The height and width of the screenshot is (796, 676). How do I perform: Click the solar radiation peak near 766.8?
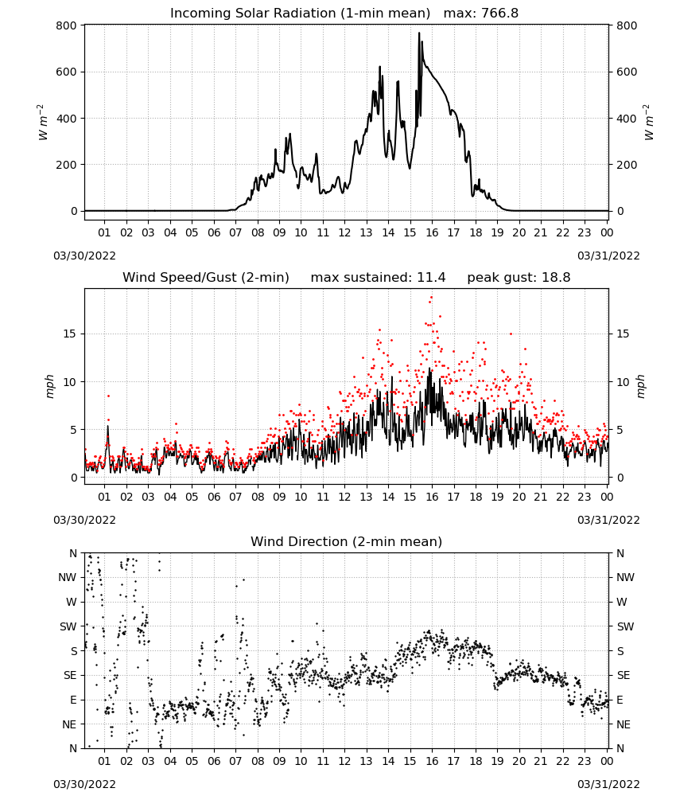click(x=419, y=33)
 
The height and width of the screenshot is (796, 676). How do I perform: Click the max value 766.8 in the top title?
click(x=499, y=14)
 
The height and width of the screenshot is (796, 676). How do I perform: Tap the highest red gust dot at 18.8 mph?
click(x=431, y=297)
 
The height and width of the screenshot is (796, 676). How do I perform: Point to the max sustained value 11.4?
click(x=431, y=278)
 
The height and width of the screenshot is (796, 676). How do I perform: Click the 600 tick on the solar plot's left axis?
click(x=67, y=72)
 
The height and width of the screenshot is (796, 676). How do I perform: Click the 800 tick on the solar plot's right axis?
click(x=627, y=26)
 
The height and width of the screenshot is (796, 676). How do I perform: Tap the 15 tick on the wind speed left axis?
click(x=70, y=334)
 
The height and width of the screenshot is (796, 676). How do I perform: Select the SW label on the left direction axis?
click(x=68, y=626)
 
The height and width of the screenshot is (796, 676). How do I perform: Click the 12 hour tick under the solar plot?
click(x=344, y=232)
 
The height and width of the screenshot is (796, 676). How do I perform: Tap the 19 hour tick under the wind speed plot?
click(x=497, y=497)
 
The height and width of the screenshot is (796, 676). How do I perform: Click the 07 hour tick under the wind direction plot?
click(x=235, y=761)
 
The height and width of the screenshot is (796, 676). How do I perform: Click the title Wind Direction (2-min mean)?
click(x=347, y=541)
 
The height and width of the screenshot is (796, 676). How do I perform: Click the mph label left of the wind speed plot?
click(x=49, y=386)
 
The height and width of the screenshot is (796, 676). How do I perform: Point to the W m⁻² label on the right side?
click(x=649, y=123)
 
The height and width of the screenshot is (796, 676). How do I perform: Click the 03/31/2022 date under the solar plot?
click(x=608, y=256)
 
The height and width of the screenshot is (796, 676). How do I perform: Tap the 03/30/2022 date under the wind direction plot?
click(x=84, y=784)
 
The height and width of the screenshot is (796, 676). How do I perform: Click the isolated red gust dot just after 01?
click(x=108, y=396)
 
